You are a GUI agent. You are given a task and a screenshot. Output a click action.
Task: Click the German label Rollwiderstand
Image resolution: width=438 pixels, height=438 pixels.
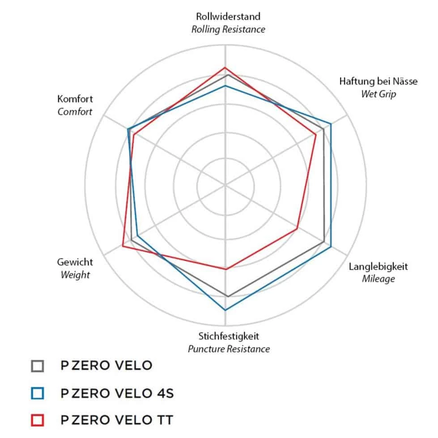pos(228,17)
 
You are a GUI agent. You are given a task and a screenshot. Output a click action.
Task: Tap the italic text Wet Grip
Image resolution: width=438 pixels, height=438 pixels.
pos(378,94)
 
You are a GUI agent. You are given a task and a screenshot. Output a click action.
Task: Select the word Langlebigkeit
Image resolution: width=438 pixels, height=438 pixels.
pos(378,267)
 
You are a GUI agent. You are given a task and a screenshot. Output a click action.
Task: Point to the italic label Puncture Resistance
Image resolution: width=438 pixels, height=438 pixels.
pos(229,349)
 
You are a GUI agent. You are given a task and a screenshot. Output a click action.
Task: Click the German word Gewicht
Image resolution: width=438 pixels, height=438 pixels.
pos(75,262)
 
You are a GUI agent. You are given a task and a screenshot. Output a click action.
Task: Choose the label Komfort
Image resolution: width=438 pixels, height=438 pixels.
pos(75,99)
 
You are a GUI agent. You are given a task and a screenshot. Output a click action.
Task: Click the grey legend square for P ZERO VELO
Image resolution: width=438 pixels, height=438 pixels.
pos(38,366)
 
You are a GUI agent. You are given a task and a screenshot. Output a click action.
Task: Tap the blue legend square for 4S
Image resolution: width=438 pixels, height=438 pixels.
pos(38,393)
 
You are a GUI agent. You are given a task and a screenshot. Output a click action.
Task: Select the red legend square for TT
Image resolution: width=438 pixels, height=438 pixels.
pos(38,420)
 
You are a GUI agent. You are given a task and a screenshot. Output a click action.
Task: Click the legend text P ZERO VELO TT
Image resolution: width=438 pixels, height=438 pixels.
pos(117,420)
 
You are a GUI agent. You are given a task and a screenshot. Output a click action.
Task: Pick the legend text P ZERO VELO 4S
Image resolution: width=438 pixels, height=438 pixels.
pos(117,393)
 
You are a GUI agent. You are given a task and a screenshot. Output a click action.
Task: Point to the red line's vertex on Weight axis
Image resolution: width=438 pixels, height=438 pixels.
pos(123,245)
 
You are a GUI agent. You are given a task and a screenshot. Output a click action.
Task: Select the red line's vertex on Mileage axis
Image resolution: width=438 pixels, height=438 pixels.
pos(297,229)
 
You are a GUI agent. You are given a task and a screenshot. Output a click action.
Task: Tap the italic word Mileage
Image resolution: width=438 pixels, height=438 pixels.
pos(378,279)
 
